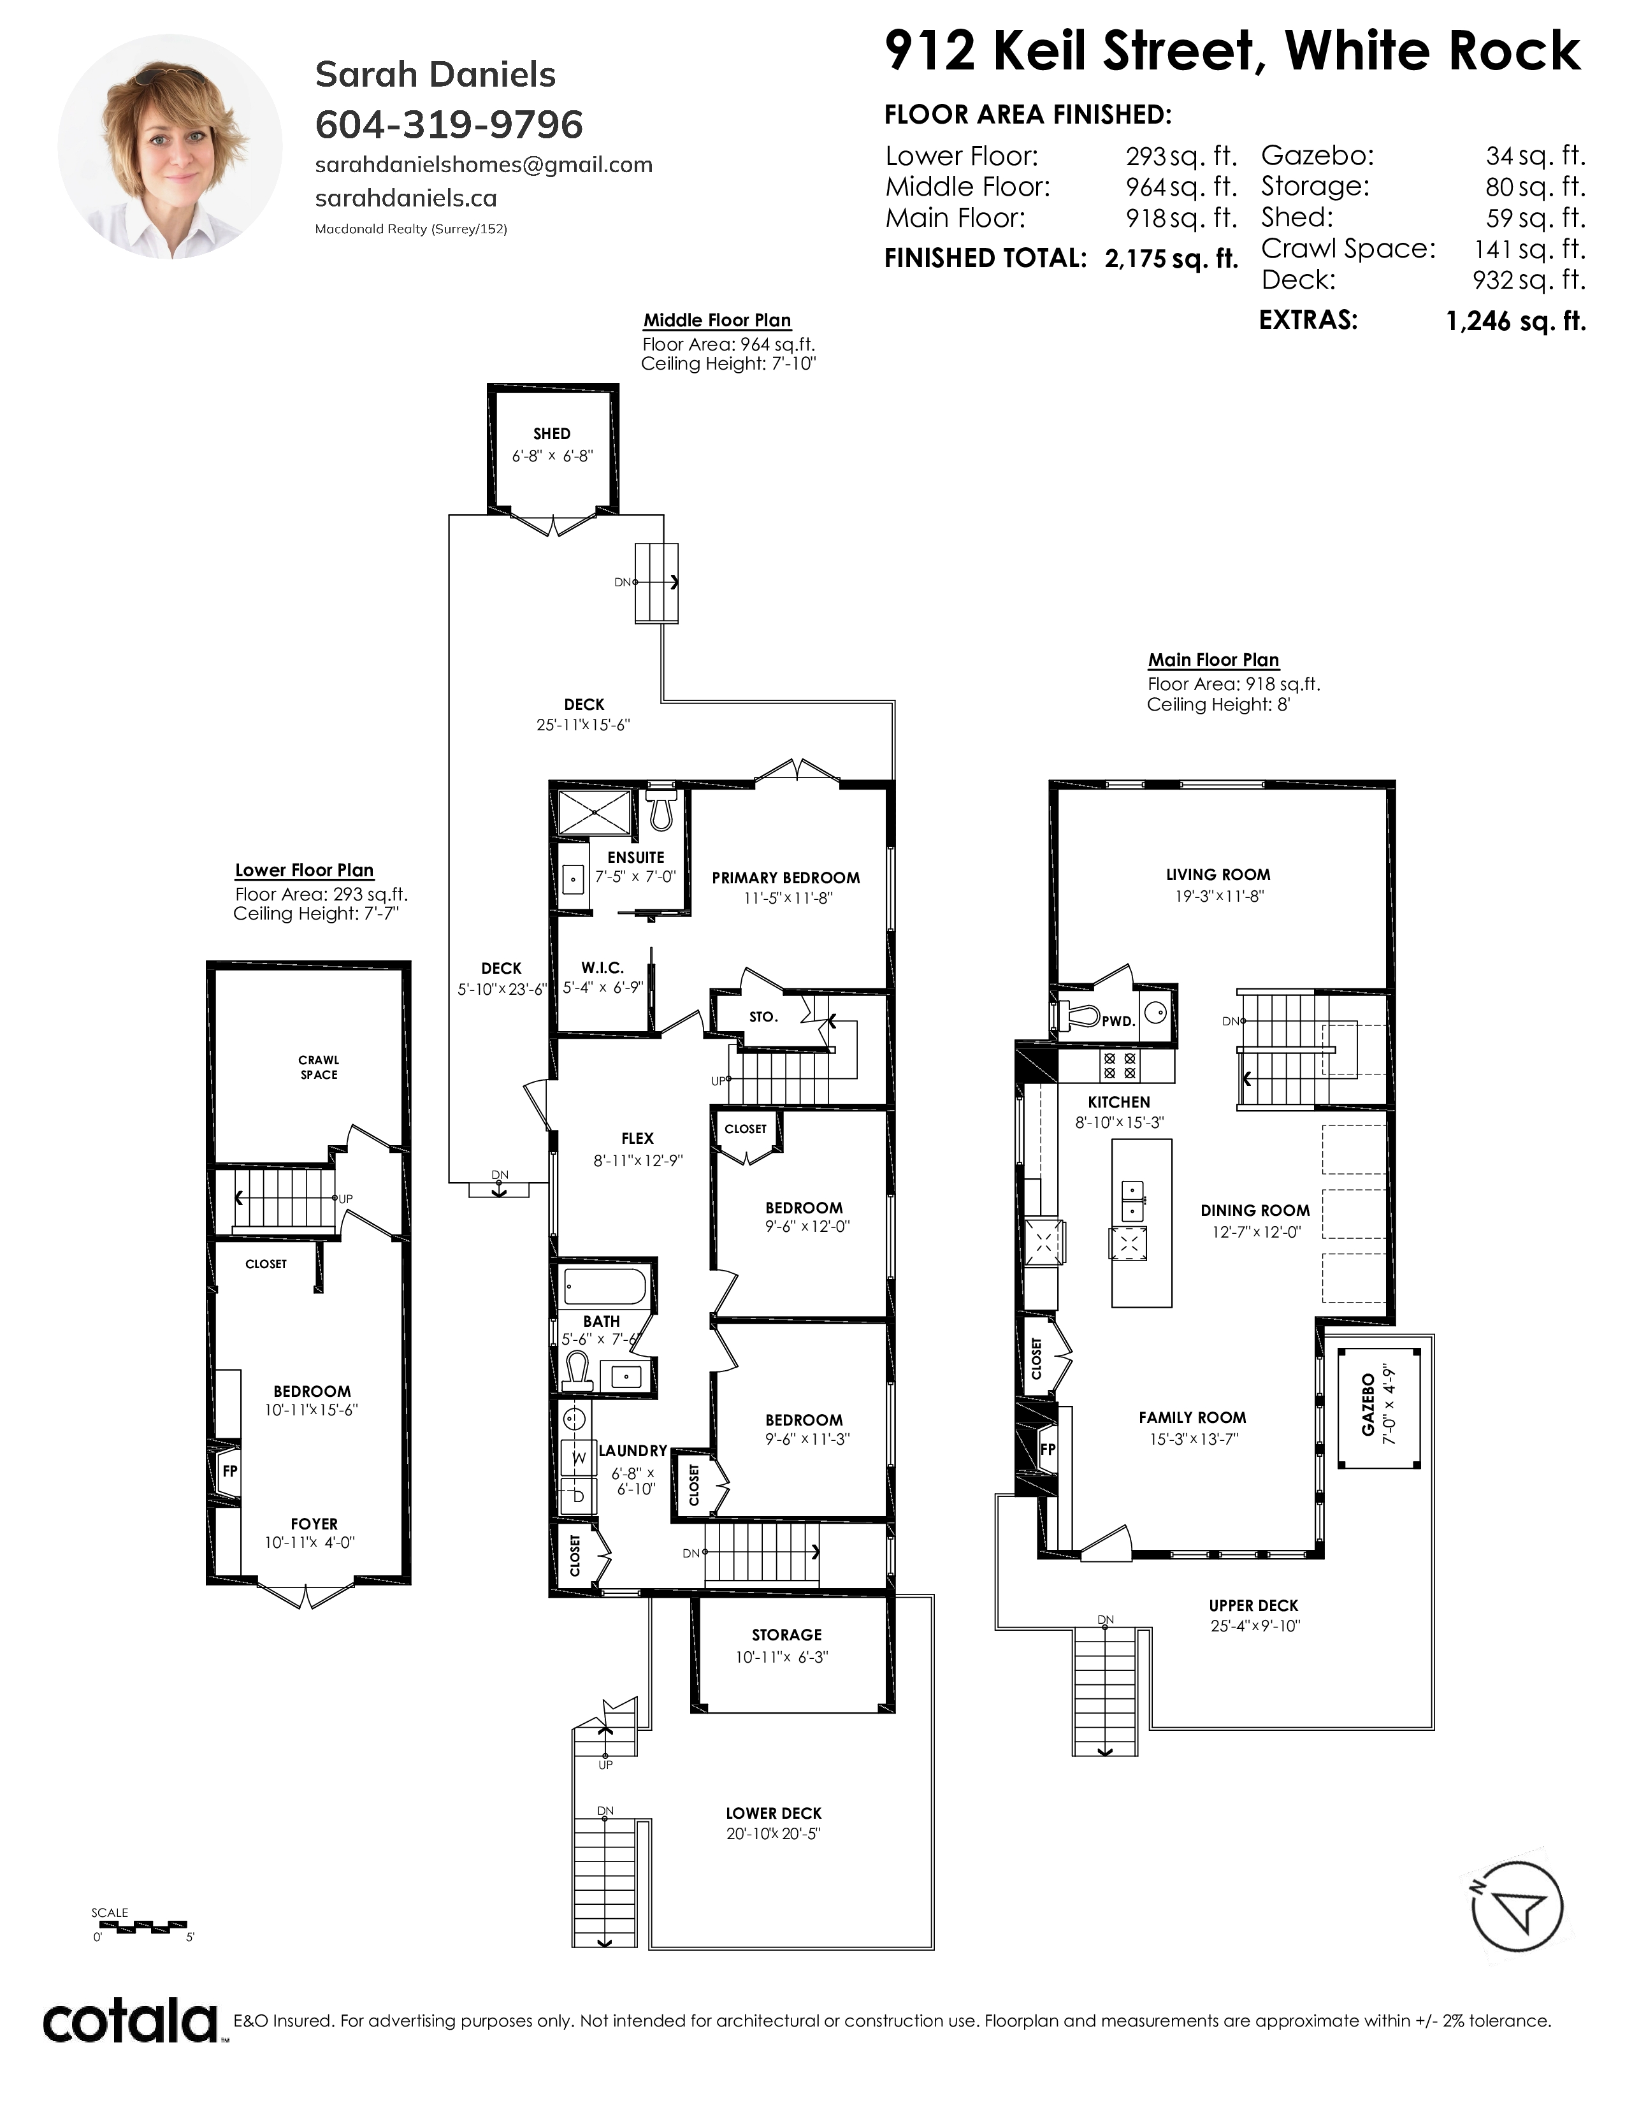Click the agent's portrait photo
170,147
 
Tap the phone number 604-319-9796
449,124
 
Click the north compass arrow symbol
1518,1907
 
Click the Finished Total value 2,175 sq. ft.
1171,259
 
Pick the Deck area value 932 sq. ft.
1529,280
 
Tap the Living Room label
1218,874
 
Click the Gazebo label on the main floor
1368,1405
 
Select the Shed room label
552,433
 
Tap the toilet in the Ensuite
660,810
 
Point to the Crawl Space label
319,1067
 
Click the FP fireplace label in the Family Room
1048,1449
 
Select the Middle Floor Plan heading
717,321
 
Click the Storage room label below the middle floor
786,1634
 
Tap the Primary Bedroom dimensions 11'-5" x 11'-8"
788,899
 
